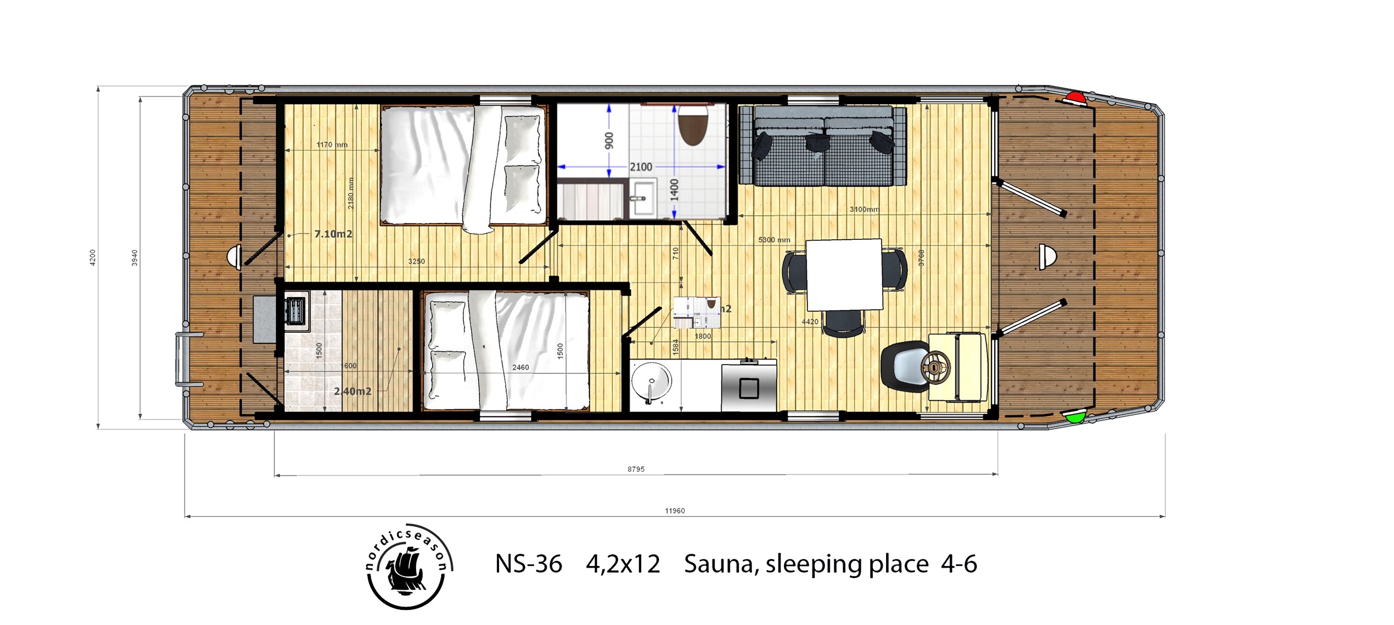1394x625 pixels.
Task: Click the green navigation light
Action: point(1074,416)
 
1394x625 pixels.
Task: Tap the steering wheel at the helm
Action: point(936,366)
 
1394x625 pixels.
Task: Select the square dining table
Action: point(844,275)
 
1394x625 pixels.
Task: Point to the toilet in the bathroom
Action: point(693,126)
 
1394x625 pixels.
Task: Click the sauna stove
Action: point(295,309)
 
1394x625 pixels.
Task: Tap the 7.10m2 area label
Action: point(333,234)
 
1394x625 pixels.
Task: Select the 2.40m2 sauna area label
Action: point(352,391)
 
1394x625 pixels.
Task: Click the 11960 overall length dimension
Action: point(675,511)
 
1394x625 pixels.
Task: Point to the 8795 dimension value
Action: point(636,469)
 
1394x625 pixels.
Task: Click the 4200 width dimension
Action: point(93,257)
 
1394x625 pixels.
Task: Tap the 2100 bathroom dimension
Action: point(641,167)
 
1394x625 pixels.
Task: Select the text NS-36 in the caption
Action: point(528,564)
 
